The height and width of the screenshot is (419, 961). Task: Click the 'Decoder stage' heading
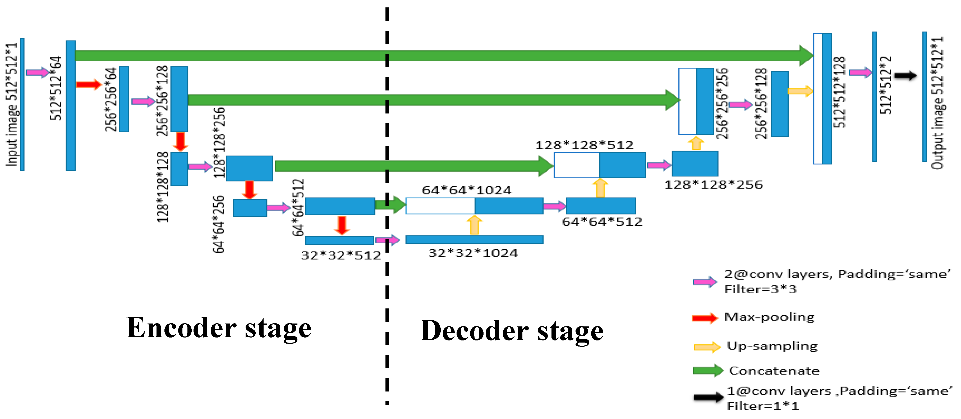(x=512, y=331)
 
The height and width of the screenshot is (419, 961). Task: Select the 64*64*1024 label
(x=467, y=190)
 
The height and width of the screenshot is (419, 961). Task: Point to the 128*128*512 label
(x=584, y=145)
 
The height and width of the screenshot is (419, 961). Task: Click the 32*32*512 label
(x=341, y=256)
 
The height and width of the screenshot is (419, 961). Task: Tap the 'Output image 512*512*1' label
(x=937, y=103)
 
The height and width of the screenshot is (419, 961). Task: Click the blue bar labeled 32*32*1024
(x=474, y=240)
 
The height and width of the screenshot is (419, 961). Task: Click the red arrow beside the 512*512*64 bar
(x=88, y=85)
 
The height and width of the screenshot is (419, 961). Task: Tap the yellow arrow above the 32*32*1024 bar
(x=474, y=225)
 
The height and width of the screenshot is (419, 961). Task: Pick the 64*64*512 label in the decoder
(x=602, y=222)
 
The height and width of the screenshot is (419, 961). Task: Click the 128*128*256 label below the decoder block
(x=713, y=185)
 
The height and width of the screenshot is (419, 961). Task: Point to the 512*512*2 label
(x=886, y=85)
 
